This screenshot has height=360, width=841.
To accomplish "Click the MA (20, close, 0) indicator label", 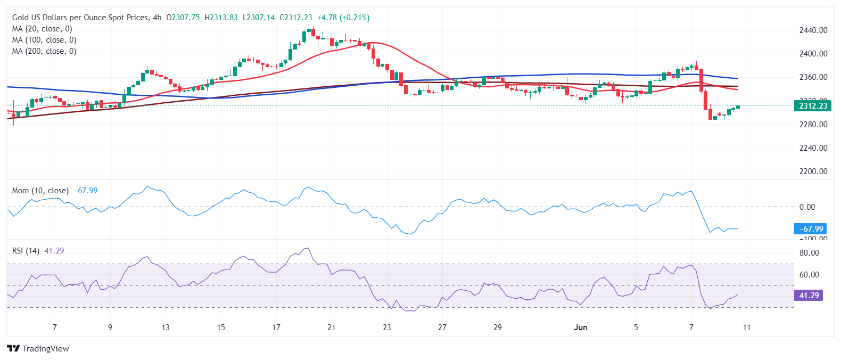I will click(x=42, y=29).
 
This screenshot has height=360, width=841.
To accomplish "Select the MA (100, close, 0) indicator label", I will click(x=44, y=40).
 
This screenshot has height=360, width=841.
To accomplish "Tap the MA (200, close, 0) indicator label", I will click(x=44, y=51).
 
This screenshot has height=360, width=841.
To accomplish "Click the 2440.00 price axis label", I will click(x=813, y=30).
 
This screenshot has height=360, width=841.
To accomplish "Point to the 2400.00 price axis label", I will click(x=813, y=54).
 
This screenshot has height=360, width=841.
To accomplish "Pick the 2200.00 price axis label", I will click(x=813, y=171).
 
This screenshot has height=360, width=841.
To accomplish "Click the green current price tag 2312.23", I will click(x=813, y=106).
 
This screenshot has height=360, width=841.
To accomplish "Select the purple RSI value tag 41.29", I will click(x=809, y=295).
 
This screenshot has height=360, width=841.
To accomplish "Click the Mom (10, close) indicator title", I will click(x=40, y=191).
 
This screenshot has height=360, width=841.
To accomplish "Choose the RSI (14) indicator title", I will click(x=26, y=251).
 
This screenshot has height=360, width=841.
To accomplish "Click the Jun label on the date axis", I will click(x=581, y=328).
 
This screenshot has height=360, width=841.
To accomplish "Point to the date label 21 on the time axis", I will click(x=332, y=328).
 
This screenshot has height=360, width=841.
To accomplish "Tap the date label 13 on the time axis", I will click(x=166, y=328).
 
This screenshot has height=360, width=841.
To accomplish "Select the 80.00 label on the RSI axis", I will click(x=809, y=253).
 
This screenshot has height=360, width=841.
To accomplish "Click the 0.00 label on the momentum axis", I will click(x=807, y=207).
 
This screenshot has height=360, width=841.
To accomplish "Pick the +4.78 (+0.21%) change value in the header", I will click(x=343, y=18).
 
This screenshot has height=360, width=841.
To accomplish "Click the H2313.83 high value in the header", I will click(x=221, y=18).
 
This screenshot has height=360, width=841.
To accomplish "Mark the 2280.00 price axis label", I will click(x=813, y=125).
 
